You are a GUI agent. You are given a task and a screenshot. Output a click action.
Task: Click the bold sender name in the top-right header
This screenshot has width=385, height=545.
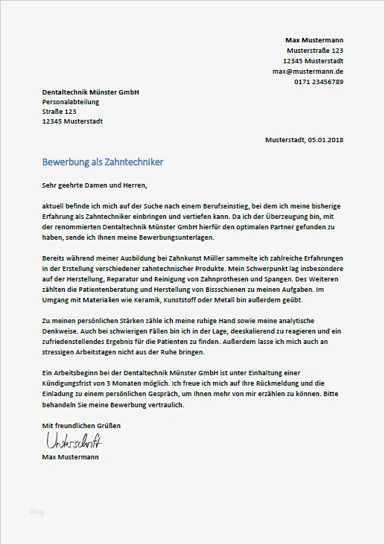tap(314, 39)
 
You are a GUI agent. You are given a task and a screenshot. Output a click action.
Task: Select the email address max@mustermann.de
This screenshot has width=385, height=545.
tap(308, 71)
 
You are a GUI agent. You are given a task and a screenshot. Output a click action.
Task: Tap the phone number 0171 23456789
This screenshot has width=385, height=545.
tap(318, 81)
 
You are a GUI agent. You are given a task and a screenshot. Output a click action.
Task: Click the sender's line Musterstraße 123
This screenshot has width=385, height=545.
tap(315, 50)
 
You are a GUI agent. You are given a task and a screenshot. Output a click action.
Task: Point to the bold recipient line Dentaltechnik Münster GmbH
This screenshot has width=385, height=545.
tap(91, 92)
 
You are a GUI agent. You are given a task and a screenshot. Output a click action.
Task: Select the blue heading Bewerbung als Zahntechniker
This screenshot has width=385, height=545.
tap(103, 162)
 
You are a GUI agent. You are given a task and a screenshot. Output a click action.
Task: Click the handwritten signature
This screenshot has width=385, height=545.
tap(72, 441)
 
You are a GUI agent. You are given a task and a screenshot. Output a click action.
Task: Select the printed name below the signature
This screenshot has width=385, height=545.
tap(71, 456)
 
